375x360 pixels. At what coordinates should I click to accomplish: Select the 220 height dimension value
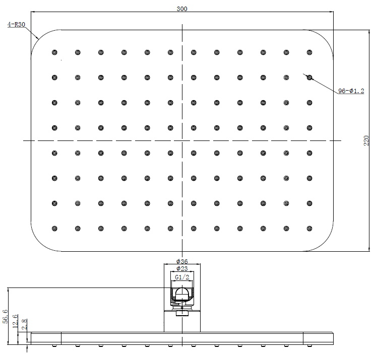366,140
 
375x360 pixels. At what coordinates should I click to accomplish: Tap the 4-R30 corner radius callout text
17,24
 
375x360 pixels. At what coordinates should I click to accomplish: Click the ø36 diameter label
182,261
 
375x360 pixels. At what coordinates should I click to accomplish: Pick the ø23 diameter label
182,269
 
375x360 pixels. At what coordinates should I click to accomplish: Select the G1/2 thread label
182,277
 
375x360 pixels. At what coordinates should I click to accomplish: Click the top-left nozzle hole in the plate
54,52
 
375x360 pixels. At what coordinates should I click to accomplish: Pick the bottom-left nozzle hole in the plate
54,228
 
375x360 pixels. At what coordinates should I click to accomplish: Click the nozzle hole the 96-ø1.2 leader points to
309,78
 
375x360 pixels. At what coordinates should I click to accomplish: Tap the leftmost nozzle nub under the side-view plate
54,346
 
